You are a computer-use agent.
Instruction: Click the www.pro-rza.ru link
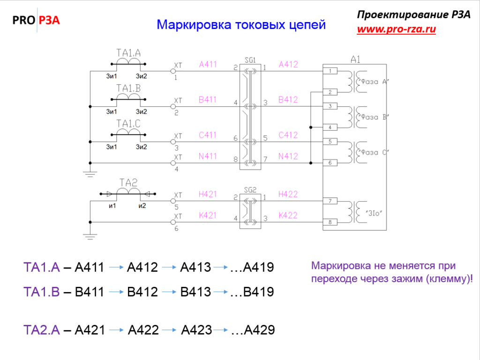(x=397, y=29)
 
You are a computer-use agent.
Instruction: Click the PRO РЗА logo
(x=36, y=20)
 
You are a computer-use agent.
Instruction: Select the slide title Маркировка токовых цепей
(x=241, y=25)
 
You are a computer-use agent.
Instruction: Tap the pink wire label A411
(x=208, y=65)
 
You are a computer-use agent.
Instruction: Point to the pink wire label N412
(x=288, y=157)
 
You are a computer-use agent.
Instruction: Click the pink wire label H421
(x=208, y=195)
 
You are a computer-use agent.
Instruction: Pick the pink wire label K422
(x=288, y=216)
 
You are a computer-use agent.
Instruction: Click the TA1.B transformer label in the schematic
(x=128, y=89)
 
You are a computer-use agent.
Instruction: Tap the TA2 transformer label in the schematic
(x=128, y=183)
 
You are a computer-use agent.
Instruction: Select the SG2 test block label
(x=250, y=190)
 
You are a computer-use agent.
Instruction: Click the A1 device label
(x=355, y=60)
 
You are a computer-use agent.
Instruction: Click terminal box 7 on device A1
(x=330, y=201)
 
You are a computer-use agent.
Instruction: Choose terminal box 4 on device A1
(x=330, y=127)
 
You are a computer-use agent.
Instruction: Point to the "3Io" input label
(x=374, y=213)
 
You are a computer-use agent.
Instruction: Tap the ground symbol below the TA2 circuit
(x=90, y=237)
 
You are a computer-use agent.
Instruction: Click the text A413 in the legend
(x=195, y=267)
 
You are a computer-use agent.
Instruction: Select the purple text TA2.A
(x=42, y=330)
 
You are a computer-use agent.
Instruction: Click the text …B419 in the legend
(x=252, y=292)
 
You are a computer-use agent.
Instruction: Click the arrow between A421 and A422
(x=116, y=330)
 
